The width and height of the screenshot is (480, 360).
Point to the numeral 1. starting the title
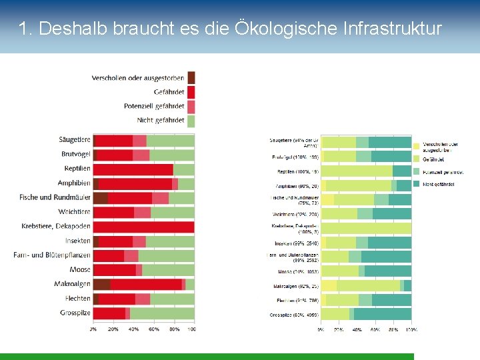point(26,29)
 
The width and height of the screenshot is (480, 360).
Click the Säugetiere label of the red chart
point(74,140)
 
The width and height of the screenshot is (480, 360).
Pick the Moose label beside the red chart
point(80,269)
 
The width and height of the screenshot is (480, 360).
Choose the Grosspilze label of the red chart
point(75,313)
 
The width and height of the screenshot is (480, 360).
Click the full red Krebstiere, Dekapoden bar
point(143,227)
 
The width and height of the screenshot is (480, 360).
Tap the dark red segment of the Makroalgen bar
point(101,284)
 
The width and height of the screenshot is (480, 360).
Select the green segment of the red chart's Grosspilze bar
point(162,313)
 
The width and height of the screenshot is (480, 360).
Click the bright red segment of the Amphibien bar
point(135,183)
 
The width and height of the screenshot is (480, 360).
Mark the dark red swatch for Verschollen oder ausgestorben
point(191,77)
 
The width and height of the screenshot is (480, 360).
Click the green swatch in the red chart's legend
point(191,121)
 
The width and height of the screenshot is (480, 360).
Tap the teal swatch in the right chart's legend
point(417,183)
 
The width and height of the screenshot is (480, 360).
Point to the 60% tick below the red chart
point(153,329)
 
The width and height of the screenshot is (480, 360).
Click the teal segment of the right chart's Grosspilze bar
point(382,314)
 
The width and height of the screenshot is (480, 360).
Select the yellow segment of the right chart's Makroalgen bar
point(329,285)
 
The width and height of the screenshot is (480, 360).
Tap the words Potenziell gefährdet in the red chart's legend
point(154,106)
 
